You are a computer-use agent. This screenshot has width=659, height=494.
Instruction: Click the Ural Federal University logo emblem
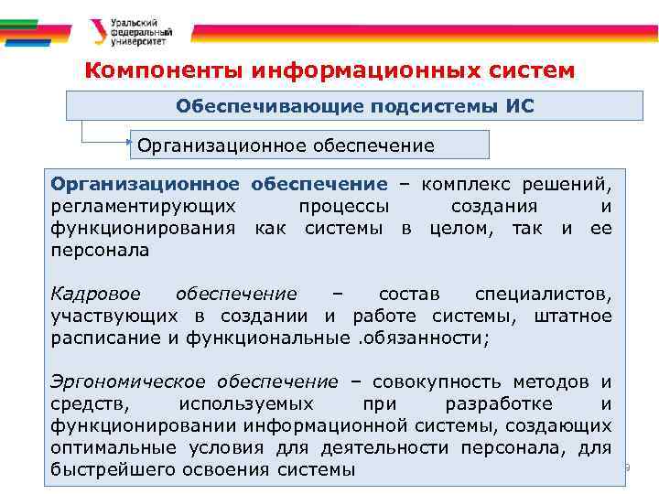tap(95, 33)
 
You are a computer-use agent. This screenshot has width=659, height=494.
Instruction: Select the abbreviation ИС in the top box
tap(519, 106)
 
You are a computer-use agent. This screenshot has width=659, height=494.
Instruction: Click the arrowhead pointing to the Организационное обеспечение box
tap(129, 144)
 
